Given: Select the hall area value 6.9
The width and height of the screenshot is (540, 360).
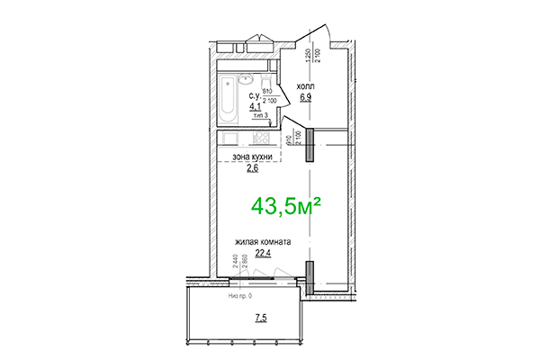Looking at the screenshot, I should click(305, 96).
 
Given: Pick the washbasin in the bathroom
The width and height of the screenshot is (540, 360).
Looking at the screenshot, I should click(247, 79).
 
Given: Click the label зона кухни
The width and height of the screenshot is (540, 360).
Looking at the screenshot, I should click(252, 156).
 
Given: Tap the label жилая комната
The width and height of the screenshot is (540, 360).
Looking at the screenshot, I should click(262, 242).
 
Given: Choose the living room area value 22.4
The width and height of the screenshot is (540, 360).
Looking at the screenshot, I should click(263, 253).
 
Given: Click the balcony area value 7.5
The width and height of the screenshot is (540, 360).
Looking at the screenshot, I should click(260, 317).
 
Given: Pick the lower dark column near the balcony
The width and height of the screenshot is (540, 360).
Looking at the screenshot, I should click(308, 274).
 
